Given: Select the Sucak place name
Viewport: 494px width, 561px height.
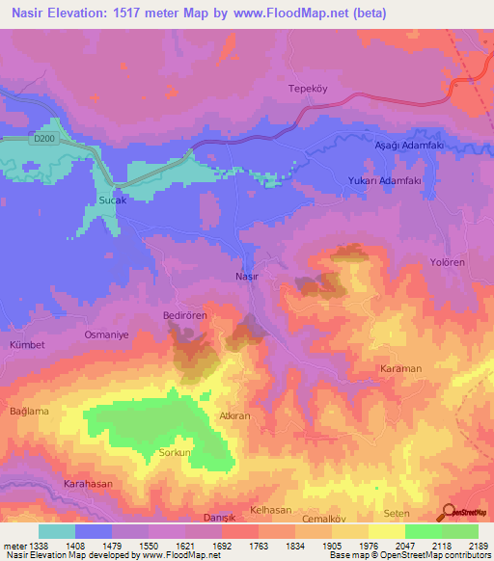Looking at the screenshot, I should (x=113, y=201).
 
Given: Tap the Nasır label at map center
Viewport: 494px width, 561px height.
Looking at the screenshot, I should (x=247, y=276).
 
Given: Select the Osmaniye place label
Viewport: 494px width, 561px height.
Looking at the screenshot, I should (x=108, y=334).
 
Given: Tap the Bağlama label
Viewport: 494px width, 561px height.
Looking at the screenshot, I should (x=29, y=412).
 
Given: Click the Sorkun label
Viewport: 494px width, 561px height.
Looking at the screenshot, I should (x=176, y=452).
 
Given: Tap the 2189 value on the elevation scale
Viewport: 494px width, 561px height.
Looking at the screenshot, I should (x=478, y=545).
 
